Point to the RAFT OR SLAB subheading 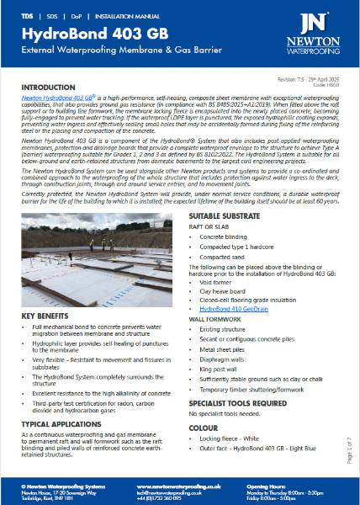tap(209, 227)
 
